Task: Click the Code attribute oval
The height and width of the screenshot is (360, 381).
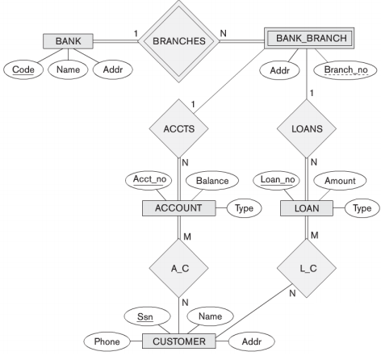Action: (26, 70)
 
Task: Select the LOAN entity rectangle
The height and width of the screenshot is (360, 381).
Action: (311, 208)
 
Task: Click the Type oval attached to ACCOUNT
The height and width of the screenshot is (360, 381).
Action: (241, 208)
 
